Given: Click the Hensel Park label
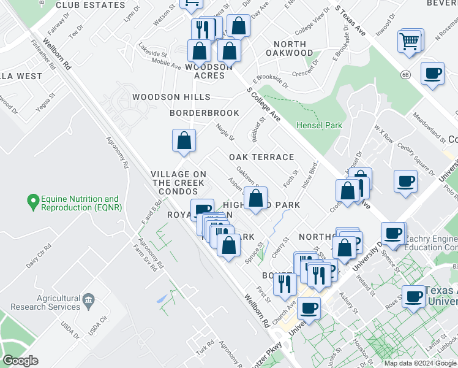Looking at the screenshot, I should coord(319,125).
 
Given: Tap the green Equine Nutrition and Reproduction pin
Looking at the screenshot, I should coord(32,200).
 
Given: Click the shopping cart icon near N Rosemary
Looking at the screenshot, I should coord(410,42).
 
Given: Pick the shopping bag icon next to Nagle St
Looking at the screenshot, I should coord(184,141).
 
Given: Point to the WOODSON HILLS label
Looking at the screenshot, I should coord(171,97).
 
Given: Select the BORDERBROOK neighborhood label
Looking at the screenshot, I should coord(205,113).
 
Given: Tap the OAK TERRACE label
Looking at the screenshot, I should coord(261,157).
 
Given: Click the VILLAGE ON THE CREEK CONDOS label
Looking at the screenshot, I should coord(178,183).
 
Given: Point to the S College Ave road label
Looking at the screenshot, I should coord(264,104).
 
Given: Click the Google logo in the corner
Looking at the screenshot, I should coord(20,361).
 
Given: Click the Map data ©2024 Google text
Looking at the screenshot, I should coord(420,363).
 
